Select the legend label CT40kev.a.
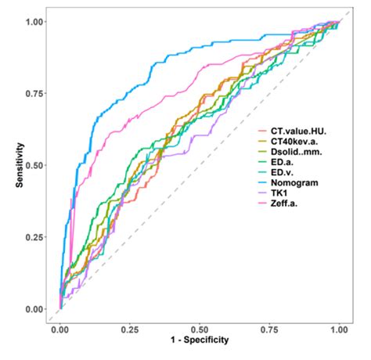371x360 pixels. [x=304, y=141]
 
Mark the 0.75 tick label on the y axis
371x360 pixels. [x=34, y=94]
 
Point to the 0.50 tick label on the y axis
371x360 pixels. [x=34, y=166]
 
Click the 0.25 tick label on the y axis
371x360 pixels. [x=34, y=238]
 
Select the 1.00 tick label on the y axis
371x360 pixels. [x=34, y=22]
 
